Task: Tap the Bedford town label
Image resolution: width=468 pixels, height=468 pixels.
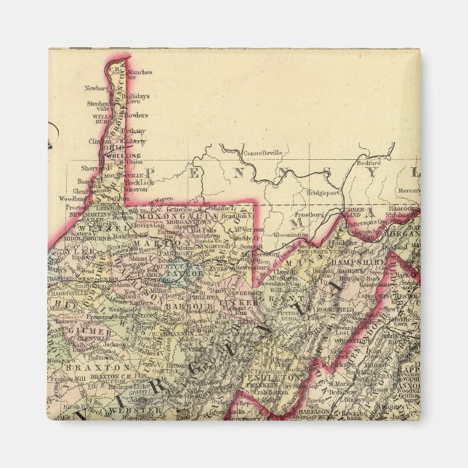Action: (x=370, y=164)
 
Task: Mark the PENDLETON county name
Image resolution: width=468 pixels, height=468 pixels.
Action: (x=275, y=378)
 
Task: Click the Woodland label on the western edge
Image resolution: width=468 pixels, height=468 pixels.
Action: (x=73, y=198)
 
